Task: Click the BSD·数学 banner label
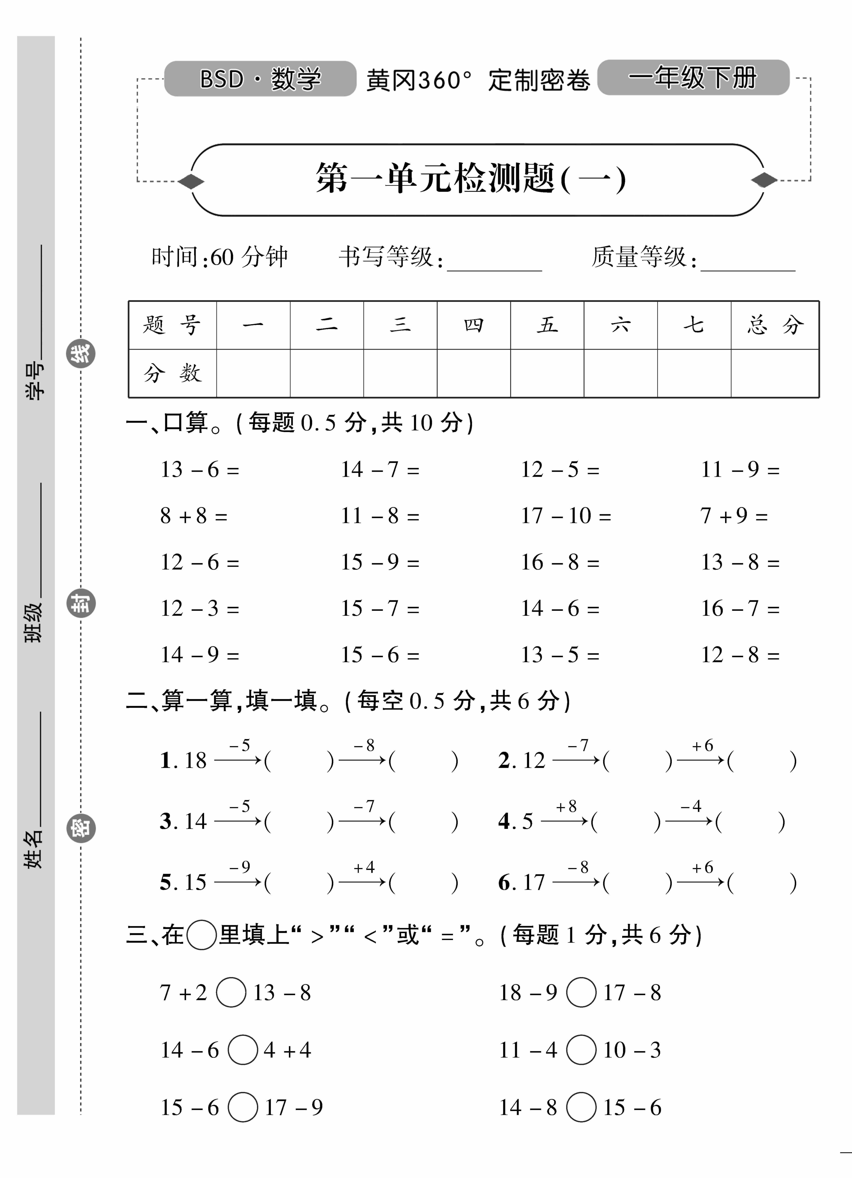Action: [260, 79]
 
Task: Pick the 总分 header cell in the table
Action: [775, 325]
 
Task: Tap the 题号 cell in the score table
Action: [172, 325]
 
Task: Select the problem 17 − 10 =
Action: [566, 516]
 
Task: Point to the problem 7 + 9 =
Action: [734, 516]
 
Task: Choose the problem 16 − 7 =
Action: [740, 608]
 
